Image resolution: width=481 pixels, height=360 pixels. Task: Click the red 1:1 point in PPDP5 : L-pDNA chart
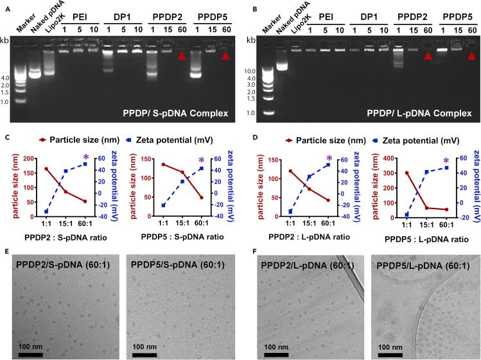[x=407, y=173]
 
